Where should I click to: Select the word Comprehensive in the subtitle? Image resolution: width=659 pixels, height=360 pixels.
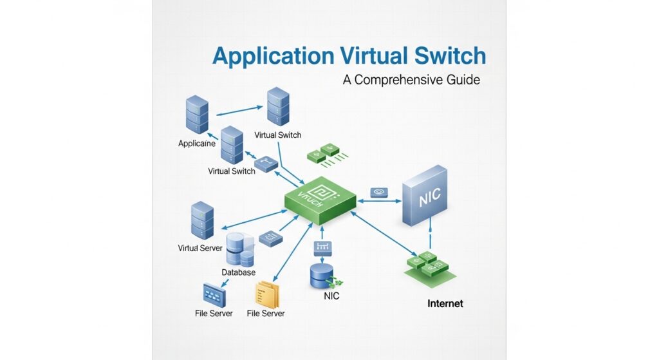(x=398, y=81)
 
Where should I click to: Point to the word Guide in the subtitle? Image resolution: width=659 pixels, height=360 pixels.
(x=461, y=81)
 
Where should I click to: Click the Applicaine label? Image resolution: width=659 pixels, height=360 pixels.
(x=197, y=144)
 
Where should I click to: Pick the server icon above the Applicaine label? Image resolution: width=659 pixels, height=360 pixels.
(x=197, y=115)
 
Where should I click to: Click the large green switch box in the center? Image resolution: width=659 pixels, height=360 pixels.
(x=320, y=196)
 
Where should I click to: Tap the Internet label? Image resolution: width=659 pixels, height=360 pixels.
(x=445, y=303)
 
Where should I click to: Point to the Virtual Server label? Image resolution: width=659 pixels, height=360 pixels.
(x=200, y=248)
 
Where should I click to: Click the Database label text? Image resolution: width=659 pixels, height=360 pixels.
(x=238, y=272)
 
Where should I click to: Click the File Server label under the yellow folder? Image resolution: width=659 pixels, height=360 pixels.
(x=266, y=314)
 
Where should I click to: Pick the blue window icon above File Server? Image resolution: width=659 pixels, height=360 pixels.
(x=214, y=295)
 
